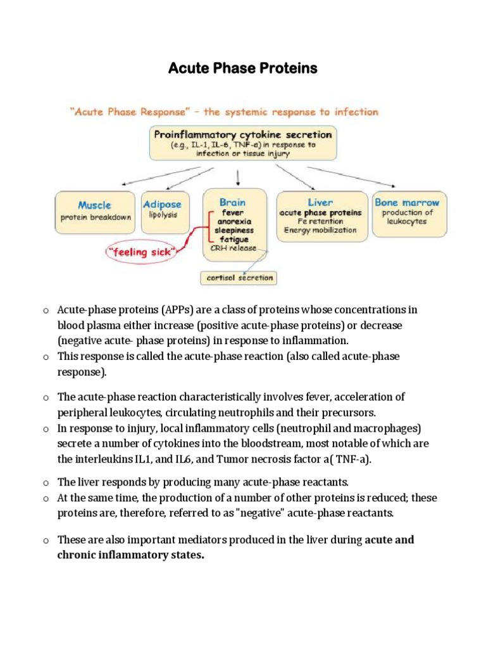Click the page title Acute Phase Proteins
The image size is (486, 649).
[x=242, y=68]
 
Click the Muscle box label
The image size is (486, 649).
[x=94, y=205]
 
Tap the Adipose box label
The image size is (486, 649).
[x=162, y=204]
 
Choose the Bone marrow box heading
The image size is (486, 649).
[x=407, y=202]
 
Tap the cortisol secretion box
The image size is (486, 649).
[x=238, y=278]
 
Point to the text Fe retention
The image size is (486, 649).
[x=321, y=221]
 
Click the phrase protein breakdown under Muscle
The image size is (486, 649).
[x=96, y=217]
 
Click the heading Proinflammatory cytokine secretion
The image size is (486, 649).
[x=242, y=134]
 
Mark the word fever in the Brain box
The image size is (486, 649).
[x=233, y=213]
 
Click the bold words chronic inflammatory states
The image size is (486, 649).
[x=131, y=556]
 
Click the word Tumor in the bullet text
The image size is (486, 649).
[x=274, y=459]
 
